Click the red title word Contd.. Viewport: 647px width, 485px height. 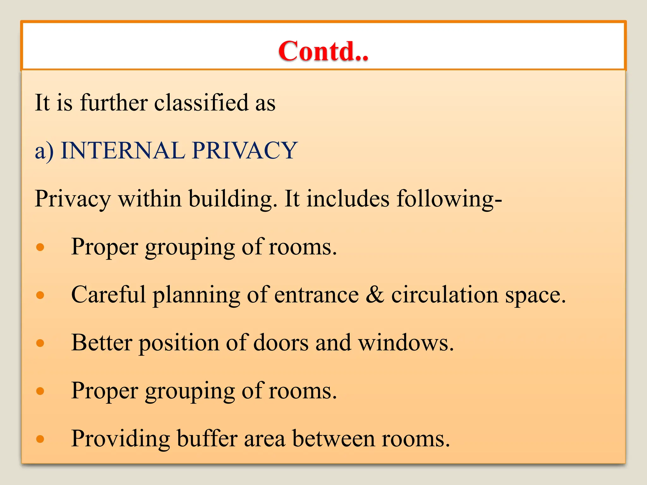323,51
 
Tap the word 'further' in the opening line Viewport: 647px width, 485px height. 114,103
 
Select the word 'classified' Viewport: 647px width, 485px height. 201,103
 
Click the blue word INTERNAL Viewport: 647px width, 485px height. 123,150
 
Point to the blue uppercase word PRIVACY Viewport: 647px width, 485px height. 245,150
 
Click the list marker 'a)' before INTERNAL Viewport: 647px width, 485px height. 44,151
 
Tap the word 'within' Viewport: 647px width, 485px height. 150,199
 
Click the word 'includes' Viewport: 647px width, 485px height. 348,199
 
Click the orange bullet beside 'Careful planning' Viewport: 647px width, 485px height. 40,295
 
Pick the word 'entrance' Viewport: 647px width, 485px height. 317,295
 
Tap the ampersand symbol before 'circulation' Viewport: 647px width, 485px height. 375,295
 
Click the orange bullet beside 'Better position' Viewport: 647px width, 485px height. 40,343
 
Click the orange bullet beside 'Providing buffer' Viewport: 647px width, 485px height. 40,439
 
